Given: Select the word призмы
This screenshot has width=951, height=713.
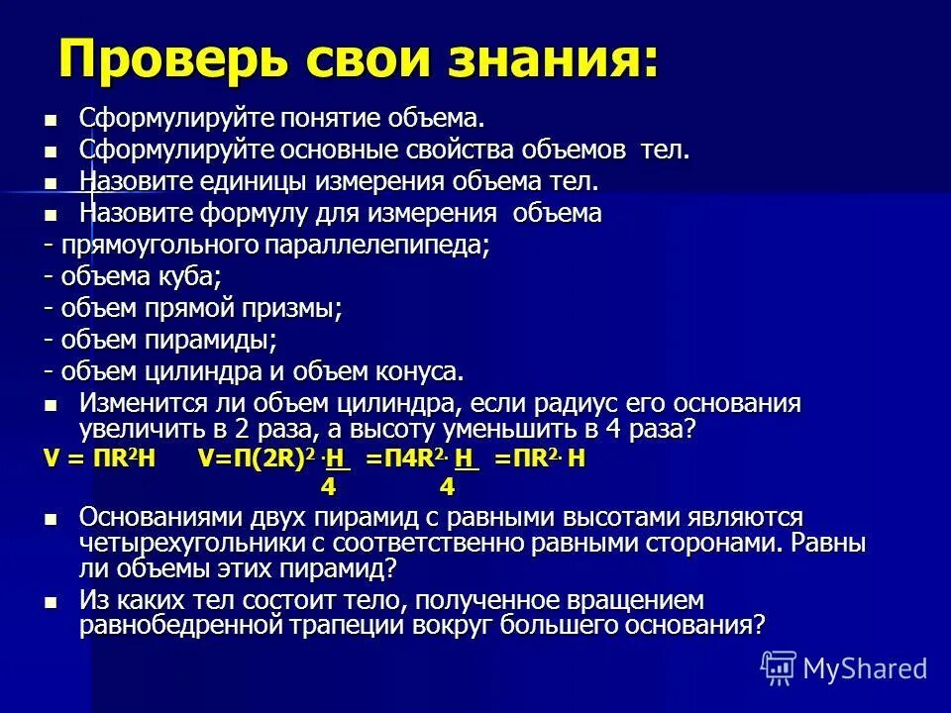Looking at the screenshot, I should click(x=297, y=308).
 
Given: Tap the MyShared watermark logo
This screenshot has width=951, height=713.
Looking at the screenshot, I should click(x=844, y=667).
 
